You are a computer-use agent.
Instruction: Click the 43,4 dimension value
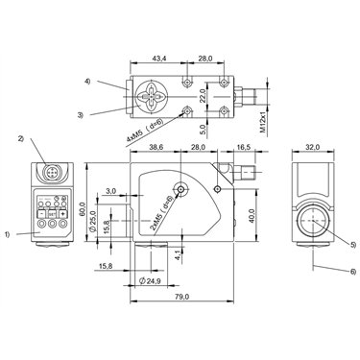[158, 59]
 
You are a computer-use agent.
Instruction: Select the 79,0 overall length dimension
[182, 297]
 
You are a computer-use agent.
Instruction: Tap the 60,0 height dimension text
[83, 208]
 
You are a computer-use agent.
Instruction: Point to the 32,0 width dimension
[313, 147]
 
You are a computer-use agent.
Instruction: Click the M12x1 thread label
[263, 122]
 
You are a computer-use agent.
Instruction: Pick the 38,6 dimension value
[156, 147]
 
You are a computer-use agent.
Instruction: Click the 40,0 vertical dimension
[252, 216]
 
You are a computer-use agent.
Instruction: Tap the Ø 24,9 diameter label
[150, 281]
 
